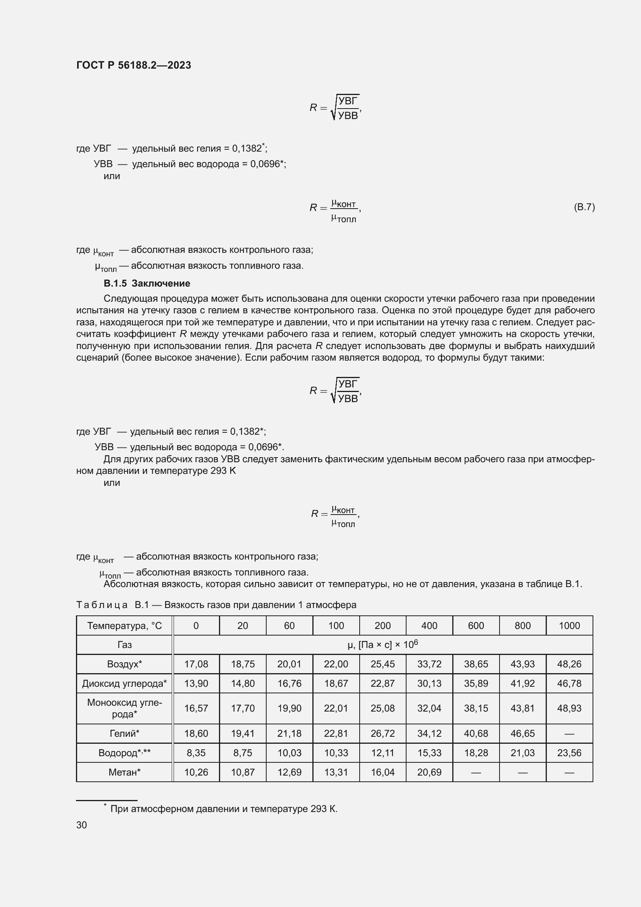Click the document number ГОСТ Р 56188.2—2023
coord(133,65)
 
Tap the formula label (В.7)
coord(584,207)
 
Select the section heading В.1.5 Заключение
coord(147,283)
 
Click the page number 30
coord(81,825)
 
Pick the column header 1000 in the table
coord(569,625)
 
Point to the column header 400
coord(429,625)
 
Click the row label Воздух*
coord(124,664)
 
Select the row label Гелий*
coord(124,734)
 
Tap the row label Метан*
coord(124,772)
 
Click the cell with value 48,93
coord(569,708)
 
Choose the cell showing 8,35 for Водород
coord(196,753)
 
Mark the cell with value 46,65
coord(522,734)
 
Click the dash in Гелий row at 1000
coord(569,734)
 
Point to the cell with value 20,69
coord(429,772)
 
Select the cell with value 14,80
coord(243,683)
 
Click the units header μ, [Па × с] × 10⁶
coord(383,645)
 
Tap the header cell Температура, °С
coord(124,625)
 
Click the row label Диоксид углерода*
coord(124,683)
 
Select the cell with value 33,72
coord(429,664)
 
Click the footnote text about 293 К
coord(223,809)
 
